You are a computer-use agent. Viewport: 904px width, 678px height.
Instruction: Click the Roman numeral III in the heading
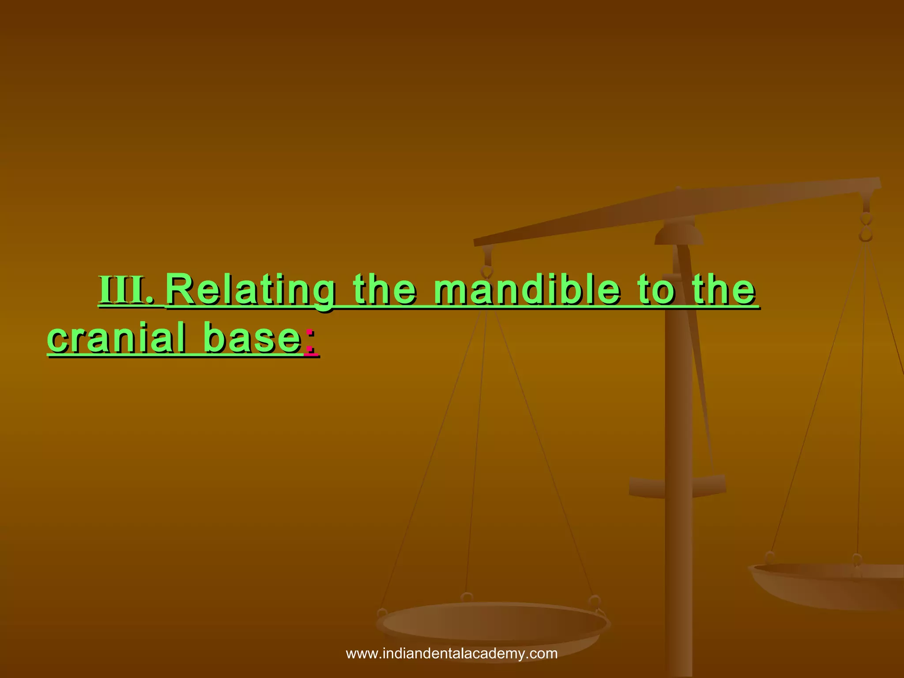[x=126, y=290]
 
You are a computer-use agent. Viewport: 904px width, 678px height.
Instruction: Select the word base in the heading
[x=252, y=339]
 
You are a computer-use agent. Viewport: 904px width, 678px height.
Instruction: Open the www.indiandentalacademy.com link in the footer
[x=452, y=654]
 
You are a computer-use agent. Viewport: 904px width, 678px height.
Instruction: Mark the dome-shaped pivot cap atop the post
[x=678, y=234]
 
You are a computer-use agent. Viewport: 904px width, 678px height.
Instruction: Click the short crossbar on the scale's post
[x=677, y=486]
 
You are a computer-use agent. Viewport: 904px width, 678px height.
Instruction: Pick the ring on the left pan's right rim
[x=595, y=603]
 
